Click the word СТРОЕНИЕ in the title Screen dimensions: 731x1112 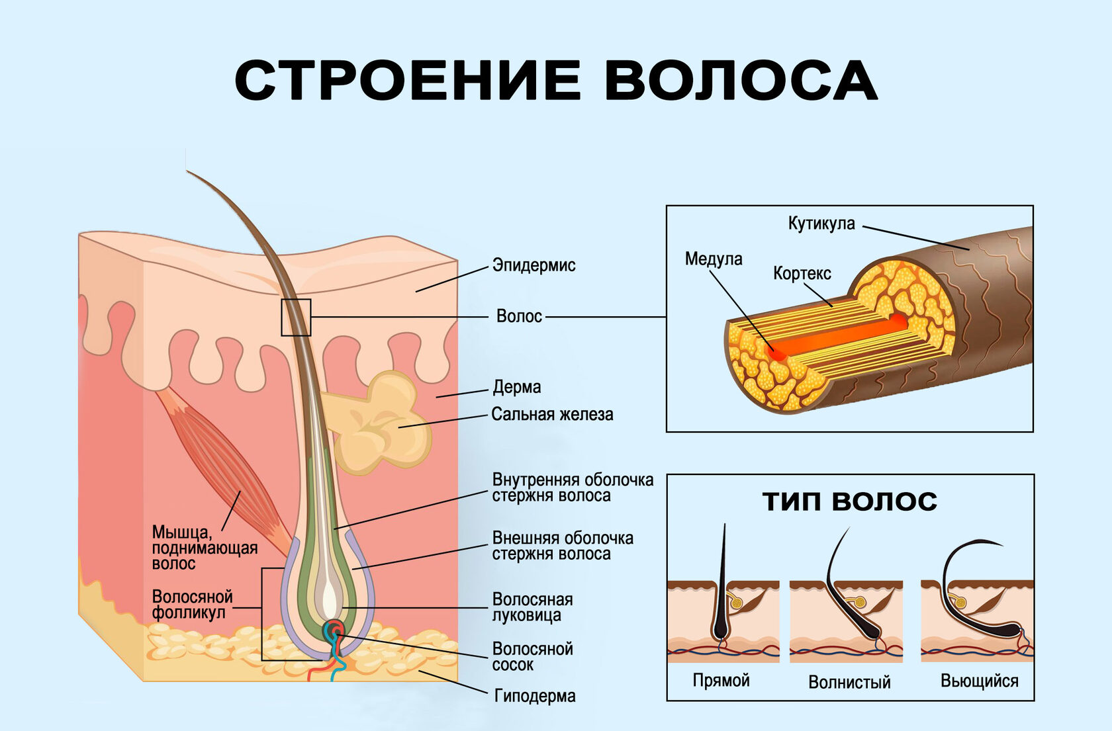pyautogui.click(x=408, y=80)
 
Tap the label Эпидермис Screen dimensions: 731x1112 pyautogui.click(x=533, y=265)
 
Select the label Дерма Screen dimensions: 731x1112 pyautogui.click(x=516, y=387)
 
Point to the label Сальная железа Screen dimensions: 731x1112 pyautogui.click(x=552, y=415)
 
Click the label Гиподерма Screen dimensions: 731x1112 pyautogui.click(x=535, y=696)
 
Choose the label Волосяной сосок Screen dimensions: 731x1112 pyautogui.click(x=532, y=656)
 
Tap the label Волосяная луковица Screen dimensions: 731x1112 pyautogui.click(x=532, y=607)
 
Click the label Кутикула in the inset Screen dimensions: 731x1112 pyautogui.click(x=821, y=224)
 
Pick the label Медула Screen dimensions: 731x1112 pyautogui.click(x=714, y=259)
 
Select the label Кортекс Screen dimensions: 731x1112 pyautogui.click(x=802, y=273)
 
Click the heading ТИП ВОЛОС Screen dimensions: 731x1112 pyautogui.click(x=850, y=501)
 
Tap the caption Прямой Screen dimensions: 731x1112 pyautogui.click(x=721, y=681)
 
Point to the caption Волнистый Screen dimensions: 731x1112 pyautogui.click(x=849, y=682)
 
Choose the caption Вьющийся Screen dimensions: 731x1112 pyautogui.click(x=979, y=681)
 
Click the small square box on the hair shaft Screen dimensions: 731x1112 pyautogui.click(x=296, y=318)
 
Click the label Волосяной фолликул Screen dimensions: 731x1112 pyautogui.click(x=192, y=605)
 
